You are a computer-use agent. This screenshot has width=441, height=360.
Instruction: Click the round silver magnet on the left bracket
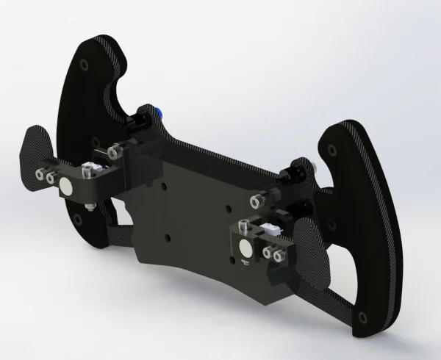click(x=67, y=189)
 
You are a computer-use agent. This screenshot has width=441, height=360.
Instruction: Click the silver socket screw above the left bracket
click(x=112, y=152)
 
